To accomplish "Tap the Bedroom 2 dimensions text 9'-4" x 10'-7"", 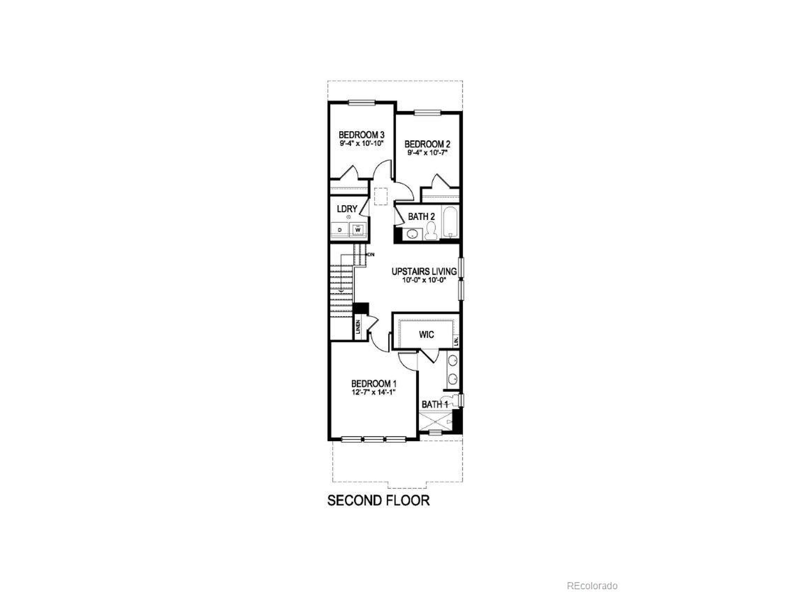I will coord(427,153).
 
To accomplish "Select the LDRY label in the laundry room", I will coord(347,209).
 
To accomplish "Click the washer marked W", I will coord(358,230).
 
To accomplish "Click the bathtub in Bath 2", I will coord(450,222).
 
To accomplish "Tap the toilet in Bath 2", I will coord(431,231).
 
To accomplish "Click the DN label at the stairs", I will coord(371,254).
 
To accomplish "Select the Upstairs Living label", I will coord(424,272).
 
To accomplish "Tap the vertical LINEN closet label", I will coord(358,327).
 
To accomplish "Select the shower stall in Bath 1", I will coord(435,422).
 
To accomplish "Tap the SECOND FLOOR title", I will coord(378,501).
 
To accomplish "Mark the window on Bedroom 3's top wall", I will coord(362,103).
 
